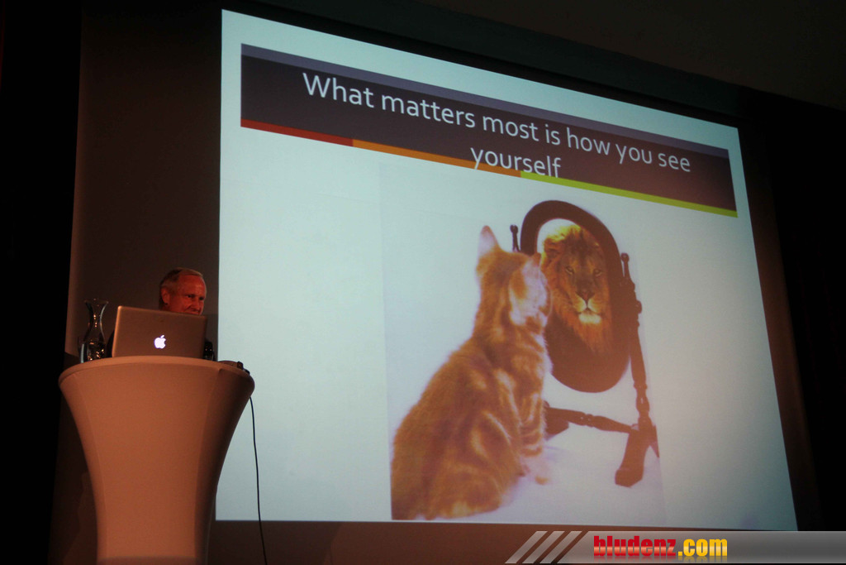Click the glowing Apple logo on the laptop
[x=159, y=342]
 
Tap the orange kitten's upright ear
[x=488, y=242]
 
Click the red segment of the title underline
[x=297, y=132]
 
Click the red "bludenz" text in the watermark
[x=634, y=547]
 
